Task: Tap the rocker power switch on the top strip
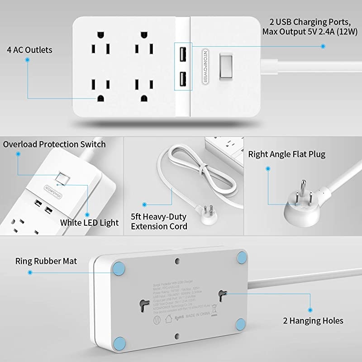point(225,67)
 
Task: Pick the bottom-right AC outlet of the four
point(145,91)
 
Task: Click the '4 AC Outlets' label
point(30,50)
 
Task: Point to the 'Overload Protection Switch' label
point(54,144)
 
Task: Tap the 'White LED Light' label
point(89,222)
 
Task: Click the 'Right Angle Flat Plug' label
point(286,154)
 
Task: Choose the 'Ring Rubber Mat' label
point(46,261)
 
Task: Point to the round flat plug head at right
point(299,209)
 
